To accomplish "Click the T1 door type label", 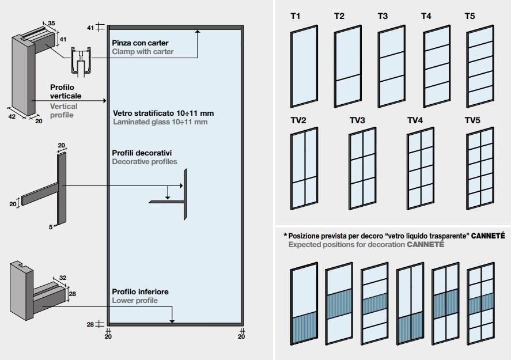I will coord(295,16).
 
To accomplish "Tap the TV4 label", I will coord(415,120).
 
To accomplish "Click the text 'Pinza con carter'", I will coord(138,43).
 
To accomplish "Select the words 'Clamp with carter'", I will coord(143,52).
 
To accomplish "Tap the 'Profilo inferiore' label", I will coord(140,292).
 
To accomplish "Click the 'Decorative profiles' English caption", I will coord(145,162).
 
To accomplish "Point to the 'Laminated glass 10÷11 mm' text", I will coord(160,122).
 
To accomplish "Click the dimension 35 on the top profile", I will coord(51,23).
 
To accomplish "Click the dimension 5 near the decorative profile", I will coord(51,227).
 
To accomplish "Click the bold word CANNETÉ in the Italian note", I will coord(487,236).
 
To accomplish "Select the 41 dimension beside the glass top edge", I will coord(90,27).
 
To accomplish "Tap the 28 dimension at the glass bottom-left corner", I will coord(90,325).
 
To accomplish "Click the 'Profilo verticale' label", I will coord(66,91).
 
